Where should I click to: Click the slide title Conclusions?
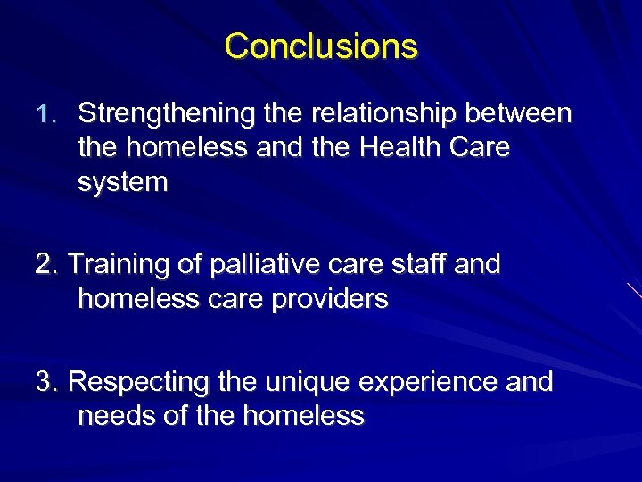(x=321, y=46)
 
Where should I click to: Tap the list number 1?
(x=47, y=114)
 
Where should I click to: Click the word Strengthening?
(x=169, y=114)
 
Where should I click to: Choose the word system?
(x=123, y=182)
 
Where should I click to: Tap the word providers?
(x=332, y=299)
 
